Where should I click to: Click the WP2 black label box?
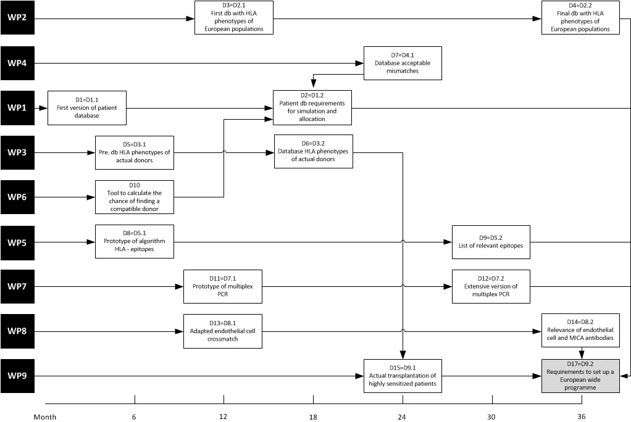point(17,18)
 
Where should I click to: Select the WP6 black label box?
point(17,197)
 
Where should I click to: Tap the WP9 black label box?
point(17,376)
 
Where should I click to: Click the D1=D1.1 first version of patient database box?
point(87,108)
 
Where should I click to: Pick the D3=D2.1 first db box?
point(234,18)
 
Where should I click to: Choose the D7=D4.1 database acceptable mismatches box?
point(403,63)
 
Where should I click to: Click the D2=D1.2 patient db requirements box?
point(312,107)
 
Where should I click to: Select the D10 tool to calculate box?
point(135,197)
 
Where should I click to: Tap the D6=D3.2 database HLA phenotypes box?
point(314,151)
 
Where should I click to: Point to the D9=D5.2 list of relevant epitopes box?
point(491,242)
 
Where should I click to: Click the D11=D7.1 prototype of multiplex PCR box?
point(222,286)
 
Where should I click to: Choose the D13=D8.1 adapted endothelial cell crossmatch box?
point(222,331)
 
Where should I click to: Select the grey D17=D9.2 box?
point(580,376)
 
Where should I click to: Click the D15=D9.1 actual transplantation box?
point(403,376)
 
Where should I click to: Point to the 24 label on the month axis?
point(402,417)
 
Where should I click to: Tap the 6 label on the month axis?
point(134,417)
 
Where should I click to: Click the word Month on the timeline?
point(45,417)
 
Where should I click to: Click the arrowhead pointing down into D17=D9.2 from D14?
point(581,355)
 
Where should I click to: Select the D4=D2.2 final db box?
point(580,18)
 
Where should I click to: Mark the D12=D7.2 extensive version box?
point(491,286)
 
